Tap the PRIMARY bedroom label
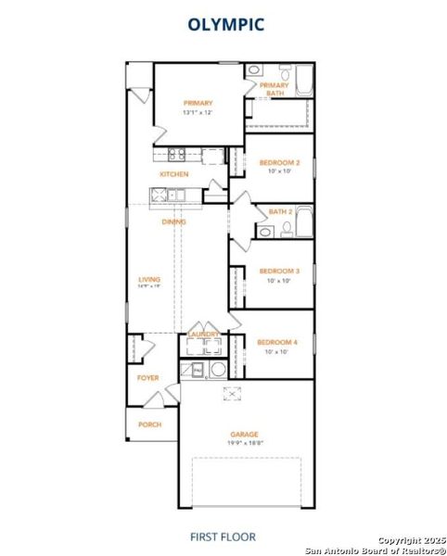pyautogui.click(x=198, y=103)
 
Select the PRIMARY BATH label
pyautogui.click(x=275, y=89)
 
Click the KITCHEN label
pyautogui.click(x=174, y=174)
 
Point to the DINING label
pyautogui.click(x=173, y=221)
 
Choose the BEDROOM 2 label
pyautogui.click(x=278, y=162)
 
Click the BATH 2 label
pyautogui.click(x=280, y=211)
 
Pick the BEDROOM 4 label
pyautogui.click(x=278, y=342)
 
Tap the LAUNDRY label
pyautogui.click(x=203, y=334)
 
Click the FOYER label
pyautogui.click(x=148, y=378)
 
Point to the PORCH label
pyautogui.click(x=149, y=424)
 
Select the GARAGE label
pyautogui.click(x=245, y=434)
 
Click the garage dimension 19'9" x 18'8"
pyautogui.click(x=245, y=443)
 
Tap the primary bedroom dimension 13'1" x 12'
pyautogui.click(x=198, y=112)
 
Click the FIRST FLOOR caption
pyautogui.click(x=223, y=537)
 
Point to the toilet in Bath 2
pyautogui.click(x=287, y=226)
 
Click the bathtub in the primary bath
pyautogui.click(x=304, y=82)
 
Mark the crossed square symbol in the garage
pyautogui.click(x=230, y=393)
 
